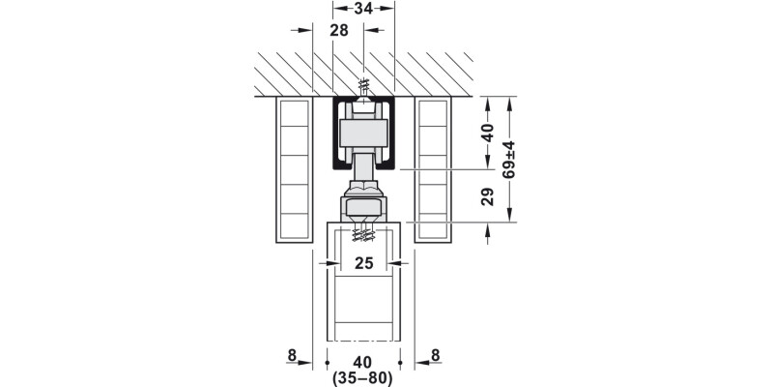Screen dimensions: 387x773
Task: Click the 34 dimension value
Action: tap(363, 10)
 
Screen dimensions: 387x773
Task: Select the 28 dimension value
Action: tap(338, 31)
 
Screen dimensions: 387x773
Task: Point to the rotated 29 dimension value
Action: tap(488, 196)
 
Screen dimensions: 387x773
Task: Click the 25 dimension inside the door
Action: tap(363, 263)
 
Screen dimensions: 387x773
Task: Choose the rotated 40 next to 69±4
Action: tap(488, 133)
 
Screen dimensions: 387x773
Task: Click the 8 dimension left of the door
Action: tap(293, 355)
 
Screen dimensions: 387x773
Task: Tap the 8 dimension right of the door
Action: tap(435, 355)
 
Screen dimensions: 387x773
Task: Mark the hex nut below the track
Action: tap(363, 206)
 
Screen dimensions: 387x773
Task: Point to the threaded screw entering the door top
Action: tap(363, 232)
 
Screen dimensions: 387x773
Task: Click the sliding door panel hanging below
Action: tap(363, 310)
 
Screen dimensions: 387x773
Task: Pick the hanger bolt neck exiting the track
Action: tap(363, 171)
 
